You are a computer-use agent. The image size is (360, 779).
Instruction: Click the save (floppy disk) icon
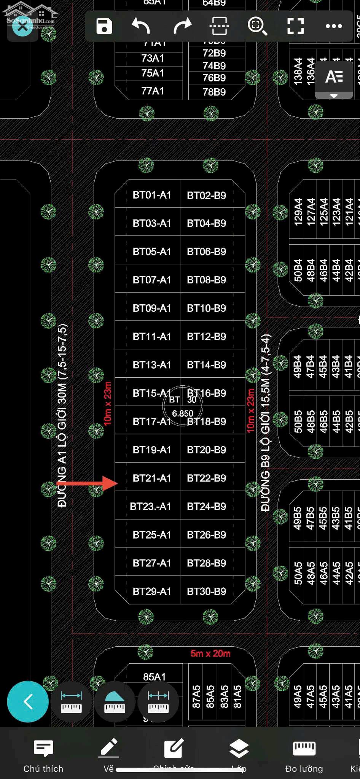[x=104, y=26]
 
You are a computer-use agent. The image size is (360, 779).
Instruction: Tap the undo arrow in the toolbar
[x=141, y=26]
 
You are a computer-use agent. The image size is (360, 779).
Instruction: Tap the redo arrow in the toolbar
[x=182, y=26]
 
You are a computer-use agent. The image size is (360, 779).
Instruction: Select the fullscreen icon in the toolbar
[x=295, y=26]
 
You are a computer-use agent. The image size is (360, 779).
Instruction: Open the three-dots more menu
[x=334, y=26]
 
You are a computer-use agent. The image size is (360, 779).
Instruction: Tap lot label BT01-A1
[x=152, y=195]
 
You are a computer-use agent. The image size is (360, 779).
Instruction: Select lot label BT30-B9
[x=206, y=591]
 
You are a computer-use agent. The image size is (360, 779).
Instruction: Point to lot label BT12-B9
[x=206, y=337]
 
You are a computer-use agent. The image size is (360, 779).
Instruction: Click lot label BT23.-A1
[x=150, y=507]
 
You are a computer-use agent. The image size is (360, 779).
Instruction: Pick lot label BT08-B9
[x=206, y=280]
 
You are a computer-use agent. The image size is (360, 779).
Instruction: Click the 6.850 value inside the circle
[x=183, y=413]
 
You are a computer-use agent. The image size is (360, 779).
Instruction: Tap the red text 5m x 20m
[x=210, y=653]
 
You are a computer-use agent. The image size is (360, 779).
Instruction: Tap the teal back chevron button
[x=28, y=701]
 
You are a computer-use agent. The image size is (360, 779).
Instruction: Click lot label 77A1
[x=152, y=91]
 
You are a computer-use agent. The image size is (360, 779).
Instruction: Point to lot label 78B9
[x=214, y=92]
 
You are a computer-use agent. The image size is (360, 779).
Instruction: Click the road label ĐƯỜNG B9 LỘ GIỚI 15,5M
[x=265, y=422]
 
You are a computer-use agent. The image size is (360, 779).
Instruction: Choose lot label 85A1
[x=154, y=677]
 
